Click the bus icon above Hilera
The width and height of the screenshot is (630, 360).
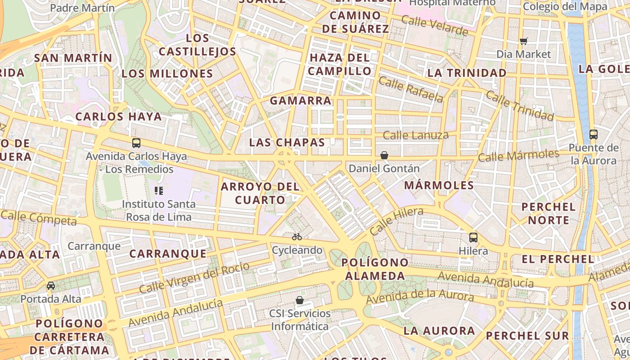(x=473, y=237)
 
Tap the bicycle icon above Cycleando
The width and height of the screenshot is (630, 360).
(x=297, y=236)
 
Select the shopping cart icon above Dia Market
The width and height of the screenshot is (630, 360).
(x=523, y=41)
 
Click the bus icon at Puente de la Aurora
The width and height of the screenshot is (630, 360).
(x=593, y=134)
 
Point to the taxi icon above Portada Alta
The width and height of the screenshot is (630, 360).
(x=51, y=286)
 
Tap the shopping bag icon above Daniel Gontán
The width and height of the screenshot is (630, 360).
(x=384, y=155)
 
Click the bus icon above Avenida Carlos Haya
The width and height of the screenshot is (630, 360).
(x=136, y=143)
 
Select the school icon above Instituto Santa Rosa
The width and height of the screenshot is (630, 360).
(x=158, y=191)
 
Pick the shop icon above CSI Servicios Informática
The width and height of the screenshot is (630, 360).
(x=300, y=300)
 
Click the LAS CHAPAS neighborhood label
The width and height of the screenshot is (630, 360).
(x=287, y=143)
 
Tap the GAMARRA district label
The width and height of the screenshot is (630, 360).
(x=301, y=101)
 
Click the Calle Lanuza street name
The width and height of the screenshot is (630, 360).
(x=415, y=135)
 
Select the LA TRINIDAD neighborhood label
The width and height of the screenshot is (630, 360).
(x=467, y=73)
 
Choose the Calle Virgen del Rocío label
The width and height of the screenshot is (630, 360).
(x=194, y=278)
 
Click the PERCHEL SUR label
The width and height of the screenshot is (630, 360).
(x=527, y=336)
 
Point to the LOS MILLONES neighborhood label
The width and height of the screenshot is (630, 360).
(x=167, y=74)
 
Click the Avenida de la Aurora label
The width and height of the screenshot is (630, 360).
(x=419, y=297)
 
